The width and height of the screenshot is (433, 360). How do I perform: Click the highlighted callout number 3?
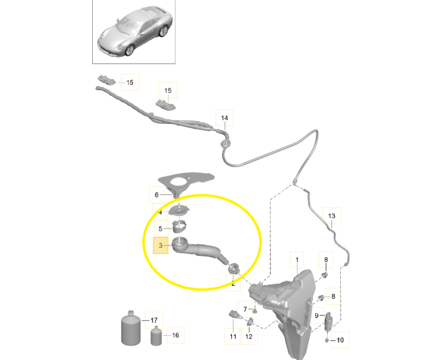click(x=160, y=245)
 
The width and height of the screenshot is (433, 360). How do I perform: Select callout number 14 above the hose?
click(x=225, y=118)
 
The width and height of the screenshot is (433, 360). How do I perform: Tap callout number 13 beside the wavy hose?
click(x=332, y=216)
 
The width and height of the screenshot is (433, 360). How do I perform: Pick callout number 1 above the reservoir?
click(x=297, y=260)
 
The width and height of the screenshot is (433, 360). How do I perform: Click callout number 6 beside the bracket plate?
click(x=156, y=195)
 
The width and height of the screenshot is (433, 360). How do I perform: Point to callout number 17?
click(x=154, y=320)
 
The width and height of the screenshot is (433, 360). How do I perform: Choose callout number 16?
click(x=175, y=335)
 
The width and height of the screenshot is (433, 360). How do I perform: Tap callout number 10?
click(x=340, y=340)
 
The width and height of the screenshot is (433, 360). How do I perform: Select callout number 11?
click(x=233, y=336)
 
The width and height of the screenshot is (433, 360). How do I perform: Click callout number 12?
click(x=249, y=336)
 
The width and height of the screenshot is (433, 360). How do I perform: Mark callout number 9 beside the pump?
click(x=317, y=315)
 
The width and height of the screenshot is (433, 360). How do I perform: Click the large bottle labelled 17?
click(x=131, y=328)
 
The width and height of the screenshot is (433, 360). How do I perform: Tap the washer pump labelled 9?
click(x=328, y=320)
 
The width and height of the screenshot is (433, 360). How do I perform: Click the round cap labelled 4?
click(x=179, y=211)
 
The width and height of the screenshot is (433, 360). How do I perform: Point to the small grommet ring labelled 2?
click(x=234, y=268)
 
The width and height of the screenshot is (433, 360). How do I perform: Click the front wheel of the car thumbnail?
click(x=129, y=50)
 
